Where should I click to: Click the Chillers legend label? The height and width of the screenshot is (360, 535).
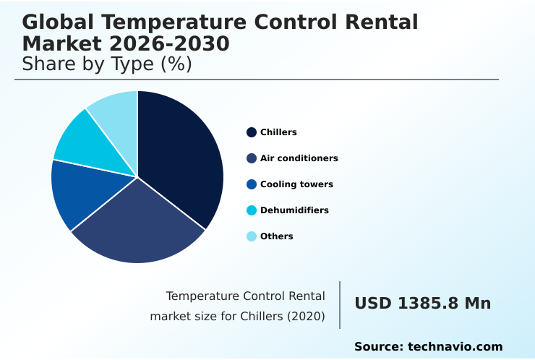tap(278, 132)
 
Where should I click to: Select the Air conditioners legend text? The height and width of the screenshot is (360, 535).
tap(299, 158)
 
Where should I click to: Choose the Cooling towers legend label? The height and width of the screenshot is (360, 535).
tap(296, 184)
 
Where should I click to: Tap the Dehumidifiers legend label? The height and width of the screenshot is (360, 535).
tap(294, 210)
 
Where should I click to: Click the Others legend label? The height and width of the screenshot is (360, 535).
tap(276, 236)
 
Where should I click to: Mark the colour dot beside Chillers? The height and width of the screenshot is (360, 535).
tap(252, 132)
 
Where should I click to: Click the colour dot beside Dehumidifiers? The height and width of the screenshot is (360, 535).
tap(252, 210)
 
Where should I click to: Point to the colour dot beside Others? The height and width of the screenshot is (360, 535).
tap(252, 236)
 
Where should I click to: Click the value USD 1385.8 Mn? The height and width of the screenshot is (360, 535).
tap(422, 304)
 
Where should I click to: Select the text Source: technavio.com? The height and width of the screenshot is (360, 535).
tap(428, 347)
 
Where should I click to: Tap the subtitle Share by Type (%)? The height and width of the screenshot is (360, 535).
tap(107, 64)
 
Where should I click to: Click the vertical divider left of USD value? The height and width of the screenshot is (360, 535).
tap(340, 304)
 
